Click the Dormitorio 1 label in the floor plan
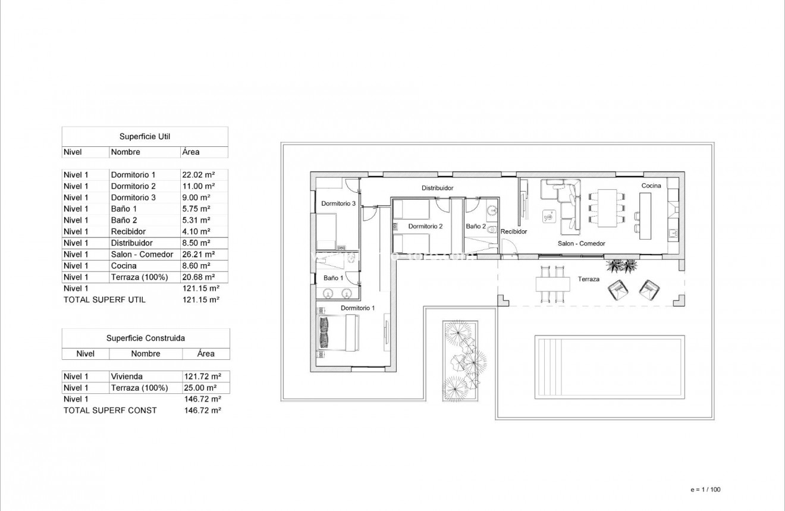[357, 308]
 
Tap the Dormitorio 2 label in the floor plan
[425, 226]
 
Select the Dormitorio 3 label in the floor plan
[338, 203]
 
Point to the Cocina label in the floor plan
[651, 186]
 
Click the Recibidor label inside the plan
[514, 231]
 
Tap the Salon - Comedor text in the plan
[581, 243]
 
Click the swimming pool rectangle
[608, 365]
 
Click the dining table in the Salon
[607, 206]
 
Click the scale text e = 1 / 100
[705, 490]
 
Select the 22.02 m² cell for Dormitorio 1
[197, 175]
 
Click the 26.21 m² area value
[197, 254]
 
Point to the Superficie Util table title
[145, 136]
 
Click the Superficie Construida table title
[146, 338]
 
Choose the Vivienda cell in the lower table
[127, 377]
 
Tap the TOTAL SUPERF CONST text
[110, 410]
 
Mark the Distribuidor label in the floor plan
[438, 188]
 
